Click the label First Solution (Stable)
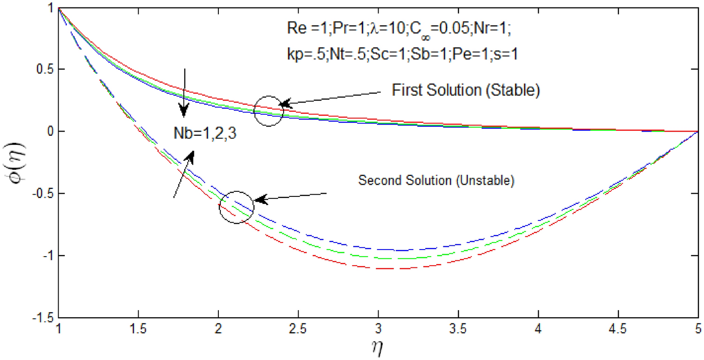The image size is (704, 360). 465,91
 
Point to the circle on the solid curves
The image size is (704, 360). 269,111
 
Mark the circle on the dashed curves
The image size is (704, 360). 237,207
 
